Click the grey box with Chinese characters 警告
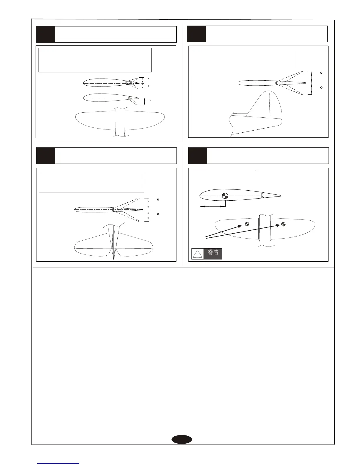tap(213, 253)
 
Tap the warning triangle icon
tap(197, 254)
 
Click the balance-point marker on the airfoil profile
tap(225, 195)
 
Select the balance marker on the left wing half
tap(247, 224)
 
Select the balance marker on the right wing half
tap(283, 224)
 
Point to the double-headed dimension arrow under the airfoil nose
tap(212, 206)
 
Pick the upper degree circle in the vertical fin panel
tap(321, 73)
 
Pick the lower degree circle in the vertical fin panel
tap(321, 88)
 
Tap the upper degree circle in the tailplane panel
tap(158, 200)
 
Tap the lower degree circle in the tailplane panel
tap(158, 214)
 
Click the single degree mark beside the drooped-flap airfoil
tap(150, 100)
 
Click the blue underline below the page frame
tap(58, 464)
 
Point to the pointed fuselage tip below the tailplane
tap(114, 258)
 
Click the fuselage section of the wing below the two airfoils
tap(120, 122)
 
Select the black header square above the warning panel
tap(198, 156)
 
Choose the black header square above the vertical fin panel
tap(196, 34)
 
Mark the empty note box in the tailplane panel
tap(91, 182)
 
